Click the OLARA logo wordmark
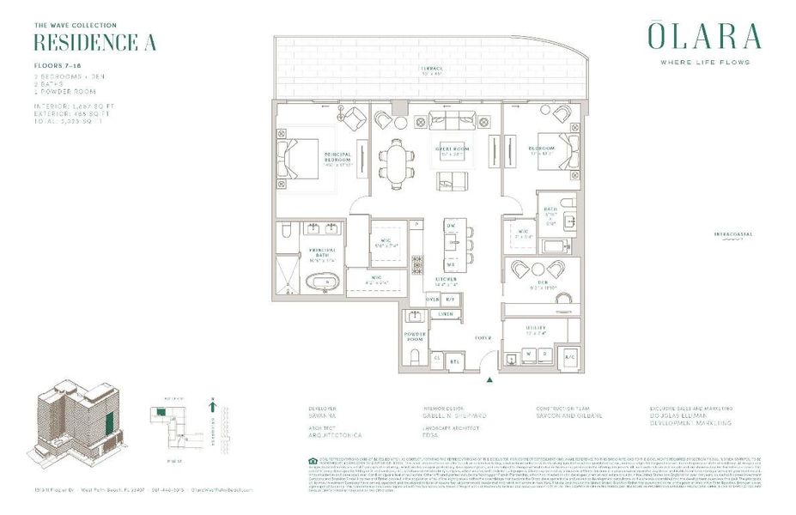pos(703,38)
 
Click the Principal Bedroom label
pos(337,159)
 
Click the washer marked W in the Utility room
pos(531,354)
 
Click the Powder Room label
pos(416,336)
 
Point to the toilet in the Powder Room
pos(415,354)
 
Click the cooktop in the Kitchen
pos(418,264)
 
